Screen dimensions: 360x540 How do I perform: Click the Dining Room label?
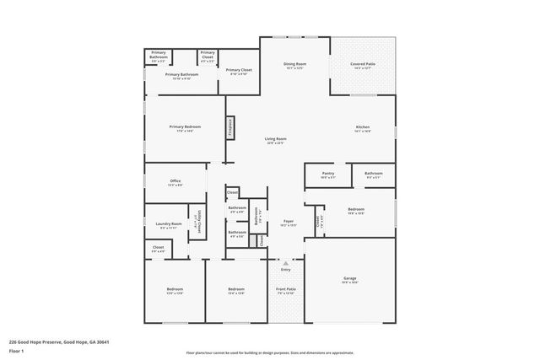[x=294, y=64]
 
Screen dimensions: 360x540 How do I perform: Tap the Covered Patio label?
[x=362, y=64]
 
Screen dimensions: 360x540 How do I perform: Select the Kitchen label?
[x=362, y=127]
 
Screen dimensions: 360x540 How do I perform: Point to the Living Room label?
[x=276, y=139]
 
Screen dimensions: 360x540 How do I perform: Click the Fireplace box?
[x=229, y=126]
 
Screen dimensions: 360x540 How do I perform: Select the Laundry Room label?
[x=170, y=224]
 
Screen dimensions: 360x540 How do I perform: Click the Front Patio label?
[x=286, y=289]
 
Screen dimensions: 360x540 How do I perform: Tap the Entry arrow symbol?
[x=285, y=263]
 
